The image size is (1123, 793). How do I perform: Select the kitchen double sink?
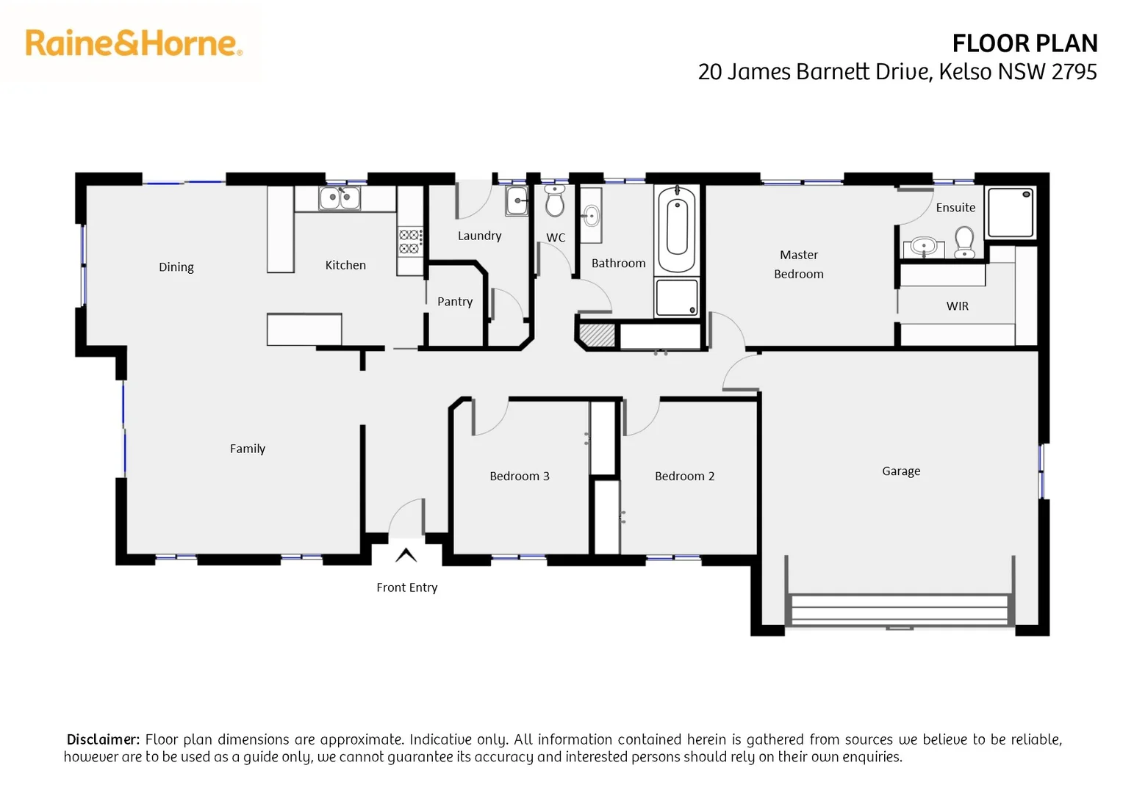pyautogui.click(x=340, y=198)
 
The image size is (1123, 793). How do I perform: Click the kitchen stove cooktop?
pyautogui.click(x=410, y=242)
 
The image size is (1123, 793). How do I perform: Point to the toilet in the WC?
pyautogui.click(x=555, y=200)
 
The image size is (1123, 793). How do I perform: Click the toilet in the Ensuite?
pyautogui.click(x=964, y=242)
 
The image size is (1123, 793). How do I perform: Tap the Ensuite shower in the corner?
pyautogui.click(x=1011, y=213)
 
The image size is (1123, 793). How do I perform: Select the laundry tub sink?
pyautogui.click(x=517, y=200)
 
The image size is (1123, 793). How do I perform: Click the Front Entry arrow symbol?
pyautogui.click(x=406, y=555)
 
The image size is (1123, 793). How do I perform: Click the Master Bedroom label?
pyautogui.click(x=799, y=264)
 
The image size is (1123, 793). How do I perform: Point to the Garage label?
pyautogui.click(x=901, y=471)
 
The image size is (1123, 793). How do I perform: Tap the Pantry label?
pyautogui.click(x=455, y=302)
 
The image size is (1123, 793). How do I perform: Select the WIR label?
pyautogui.click(x=957, y=306)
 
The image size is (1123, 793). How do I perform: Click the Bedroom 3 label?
pyautogui.click(x=519, y=477)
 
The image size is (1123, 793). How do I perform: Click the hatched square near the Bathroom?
pyautogui.click(x=597, y=335)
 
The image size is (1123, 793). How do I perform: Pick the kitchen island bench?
pyautogui.click(x=304, y=329)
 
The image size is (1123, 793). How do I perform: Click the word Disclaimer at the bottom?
pyautogui.click(x=103, y=739)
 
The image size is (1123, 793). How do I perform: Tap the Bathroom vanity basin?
pyautogui.click(x=591, y=215)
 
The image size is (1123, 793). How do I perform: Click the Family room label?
pyautogui.click(x=247, y=449)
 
